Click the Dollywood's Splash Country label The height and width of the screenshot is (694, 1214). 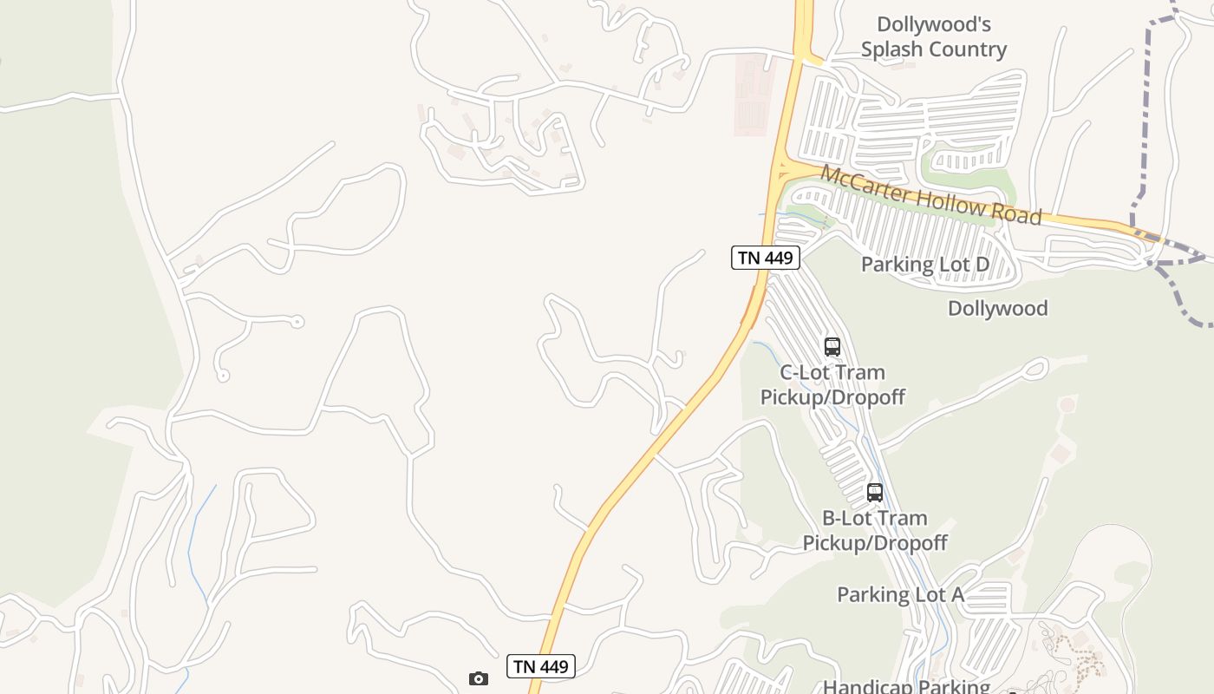click(x=933, y=36)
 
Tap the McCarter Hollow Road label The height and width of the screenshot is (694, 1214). click(x=930, y=195)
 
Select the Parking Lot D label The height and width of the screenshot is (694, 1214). click(x=924, y=264)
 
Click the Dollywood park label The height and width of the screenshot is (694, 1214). click(x=997, y=308)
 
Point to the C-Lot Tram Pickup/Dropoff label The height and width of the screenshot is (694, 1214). click(x=832, y=384)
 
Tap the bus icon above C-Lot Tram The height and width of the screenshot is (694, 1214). click(x=832, y=347)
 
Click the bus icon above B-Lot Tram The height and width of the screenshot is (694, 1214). click(x=875, y=493)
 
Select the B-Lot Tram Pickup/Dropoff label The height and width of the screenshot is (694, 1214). click(x=874, y=530)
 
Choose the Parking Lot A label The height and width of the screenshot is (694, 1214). click(x=900, y=594)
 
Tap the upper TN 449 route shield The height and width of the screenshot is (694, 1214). click(x=765, y=258)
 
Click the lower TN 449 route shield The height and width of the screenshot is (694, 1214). click(x=541, y=666)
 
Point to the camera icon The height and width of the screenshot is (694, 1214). click(x=479, y=678)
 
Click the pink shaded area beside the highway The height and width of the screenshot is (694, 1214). click(x=753, y=94)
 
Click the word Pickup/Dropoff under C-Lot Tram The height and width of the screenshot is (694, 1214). click(x=832, y=397)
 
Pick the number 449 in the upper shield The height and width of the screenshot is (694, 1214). click(x=777, y=258)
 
